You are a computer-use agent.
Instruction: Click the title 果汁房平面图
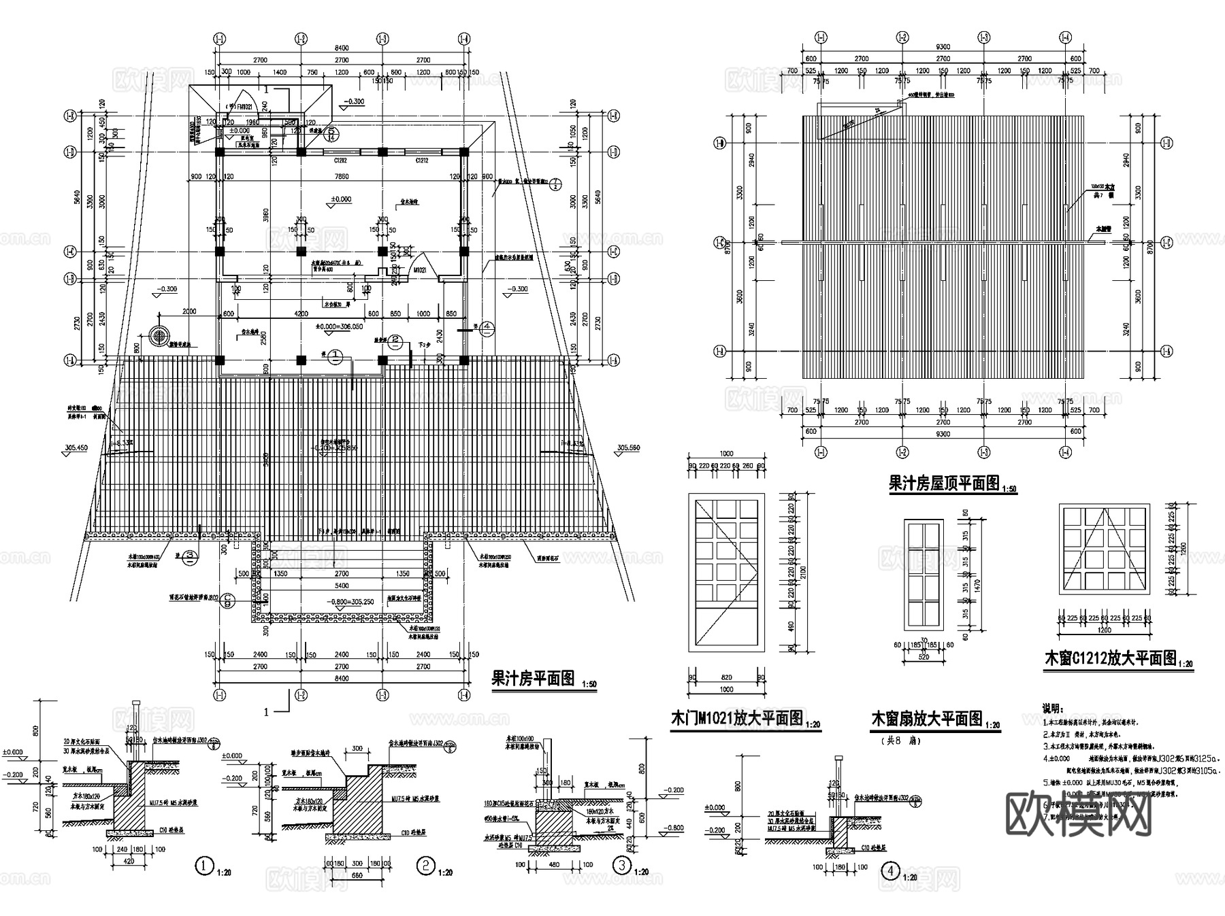533,678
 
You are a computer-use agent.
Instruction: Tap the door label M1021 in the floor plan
420,269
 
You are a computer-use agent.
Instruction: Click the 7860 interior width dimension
342,176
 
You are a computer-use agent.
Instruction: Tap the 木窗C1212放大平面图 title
1110,658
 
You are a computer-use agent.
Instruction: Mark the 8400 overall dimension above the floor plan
342,48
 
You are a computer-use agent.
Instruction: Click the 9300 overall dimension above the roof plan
943,46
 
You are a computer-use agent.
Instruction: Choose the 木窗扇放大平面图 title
927,719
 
